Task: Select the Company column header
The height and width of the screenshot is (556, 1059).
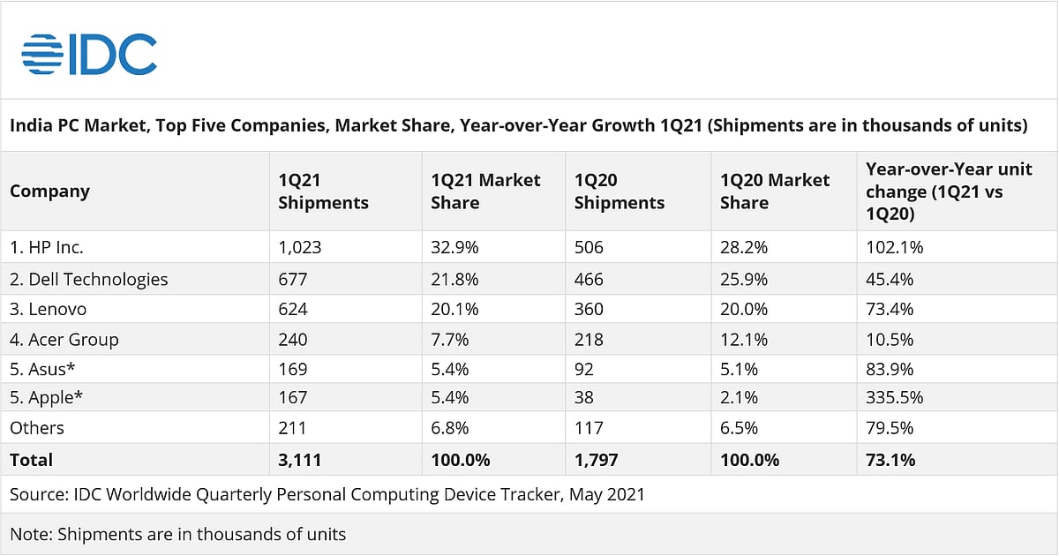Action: [49, 192]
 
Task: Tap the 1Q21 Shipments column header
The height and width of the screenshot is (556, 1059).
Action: [323, 192]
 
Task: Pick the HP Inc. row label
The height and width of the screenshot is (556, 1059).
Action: [47, 248]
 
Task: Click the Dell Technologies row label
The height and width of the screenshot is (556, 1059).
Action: [88, 280]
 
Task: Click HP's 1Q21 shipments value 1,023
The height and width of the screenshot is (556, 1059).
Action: [300, 248]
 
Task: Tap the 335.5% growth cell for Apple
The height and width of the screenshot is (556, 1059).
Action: [895, 398]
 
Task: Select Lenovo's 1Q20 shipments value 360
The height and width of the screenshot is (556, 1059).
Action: [589, 310]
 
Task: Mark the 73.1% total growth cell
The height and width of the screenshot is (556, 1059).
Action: [890, 460]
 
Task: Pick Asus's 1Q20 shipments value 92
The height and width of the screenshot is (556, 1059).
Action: [584, 370]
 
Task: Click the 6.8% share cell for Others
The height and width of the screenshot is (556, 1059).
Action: [449, 428]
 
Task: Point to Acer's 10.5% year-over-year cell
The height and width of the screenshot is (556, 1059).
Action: [890, 340]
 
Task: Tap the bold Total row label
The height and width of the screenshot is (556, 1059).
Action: [31, 460]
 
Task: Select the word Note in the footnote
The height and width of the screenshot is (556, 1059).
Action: [28, 534]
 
